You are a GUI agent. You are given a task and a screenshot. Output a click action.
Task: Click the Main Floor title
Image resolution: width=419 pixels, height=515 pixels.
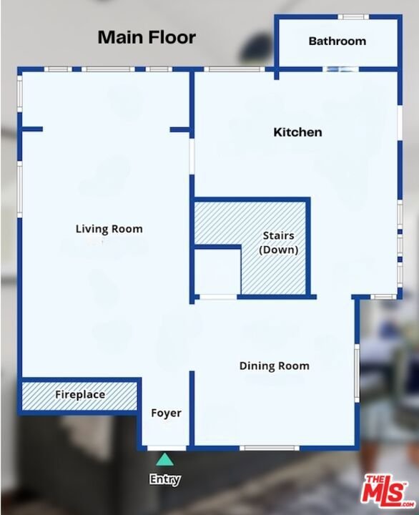(147, 37)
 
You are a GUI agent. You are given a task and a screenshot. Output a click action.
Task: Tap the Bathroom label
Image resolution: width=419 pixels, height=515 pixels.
(337, 41)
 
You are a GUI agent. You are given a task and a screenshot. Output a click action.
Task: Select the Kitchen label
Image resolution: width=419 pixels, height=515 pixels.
(297, 132)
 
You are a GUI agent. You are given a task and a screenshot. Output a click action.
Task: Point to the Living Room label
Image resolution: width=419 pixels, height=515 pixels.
(109, 229)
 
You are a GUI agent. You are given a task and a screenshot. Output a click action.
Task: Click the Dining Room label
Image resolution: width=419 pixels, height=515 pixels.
(274, 366)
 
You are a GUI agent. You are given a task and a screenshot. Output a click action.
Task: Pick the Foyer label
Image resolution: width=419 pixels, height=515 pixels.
(166, 413)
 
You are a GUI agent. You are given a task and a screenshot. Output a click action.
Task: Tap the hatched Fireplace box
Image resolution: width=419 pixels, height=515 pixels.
(79, 396)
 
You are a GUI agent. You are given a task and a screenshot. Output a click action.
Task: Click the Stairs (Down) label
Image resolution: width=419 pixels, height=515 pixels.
(278, 242)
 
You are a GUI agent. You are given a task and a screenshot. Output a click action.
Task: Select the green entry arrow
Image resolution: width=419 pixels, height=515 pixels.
(165, 459)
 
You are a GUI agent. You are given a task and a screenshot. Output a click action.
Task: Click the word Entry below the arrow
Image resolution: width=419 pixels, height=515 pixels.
(165, 479)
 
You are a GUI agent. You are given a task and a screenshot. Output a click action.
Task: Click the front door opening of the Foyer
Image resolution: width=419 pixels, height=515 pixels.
(167, 448)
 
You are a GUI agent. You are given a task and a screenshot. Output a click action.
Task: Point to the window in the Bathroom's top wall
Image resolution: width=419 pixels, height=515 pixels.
(353, 16)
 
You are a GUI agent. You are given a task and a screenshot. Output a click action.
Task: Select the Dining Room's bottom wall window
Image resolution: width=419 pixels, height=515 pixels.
(270, 448)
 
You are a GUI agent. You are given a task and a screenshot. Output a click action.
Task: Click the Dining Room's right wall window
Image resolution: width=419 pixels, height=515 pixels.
(358, 373)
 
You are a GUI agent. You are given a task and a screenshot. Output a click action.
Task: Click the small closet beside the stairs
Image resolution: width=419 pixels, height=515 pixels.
(217, 272)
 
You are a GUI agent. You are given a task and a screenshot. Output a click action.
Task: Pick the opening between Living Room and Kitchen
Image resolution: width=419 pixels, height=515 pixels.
(192, 157)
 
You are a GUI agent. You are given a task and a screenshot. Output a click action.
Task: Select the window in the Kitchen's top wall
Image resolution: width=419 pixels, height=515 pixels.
(234, 69)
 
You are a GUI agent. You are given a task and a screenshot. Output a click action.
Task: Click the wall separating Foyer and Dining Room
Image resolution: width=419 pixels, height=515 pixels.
(192, 409)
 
